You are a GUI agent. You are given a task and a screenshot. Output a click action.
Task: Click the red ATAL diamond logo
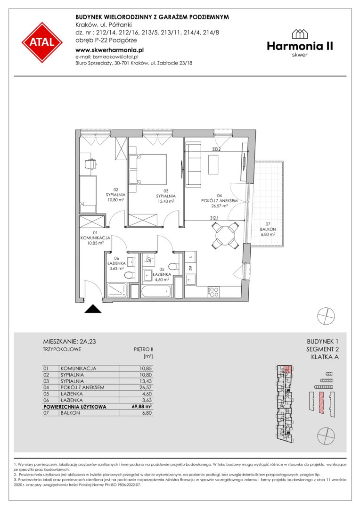[x=42, y=42]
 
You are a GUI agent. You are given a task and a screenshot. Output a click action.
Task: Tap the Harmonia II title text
[x=300, y=46]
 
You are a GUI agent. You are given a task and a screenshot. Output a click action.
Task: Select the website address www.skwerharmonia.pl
[x=109, y=50]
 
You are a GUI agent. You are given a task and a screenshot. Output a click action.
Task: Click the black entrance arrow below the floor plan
[x=93, y=309]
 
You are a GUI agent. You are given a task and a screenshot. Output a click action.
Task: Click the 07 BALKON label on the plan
[x=268, y=229]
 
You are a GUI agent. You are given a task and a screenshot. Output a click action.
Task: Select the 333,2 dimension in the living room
[x=216, y=149]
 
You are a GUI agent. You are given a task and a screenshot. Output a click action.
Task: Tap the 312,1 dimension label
[x=214, y=218]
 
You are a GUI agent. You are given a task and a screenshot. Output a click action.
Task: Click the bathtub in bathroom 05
[x=155, y=291]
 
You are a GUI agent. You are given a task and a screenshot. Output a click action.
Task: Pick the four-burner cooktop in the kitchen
[x=213, y=292]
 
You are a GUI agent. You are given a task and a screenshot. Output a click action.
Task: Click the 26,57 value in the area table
[x=146, y=387]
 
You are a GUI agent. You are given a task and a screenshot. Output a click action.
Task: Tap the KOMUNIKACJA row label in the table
[x=78, y=369]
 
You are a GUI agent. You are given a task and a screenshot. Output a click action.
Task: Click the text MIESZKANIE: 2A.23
[x=69, y=342]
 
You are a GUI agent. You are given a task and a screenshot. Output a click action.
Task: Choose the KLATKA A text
[x=325, y=357]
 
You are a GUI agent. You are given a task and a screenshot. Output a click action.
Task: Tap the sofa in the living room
[x=194, y=165]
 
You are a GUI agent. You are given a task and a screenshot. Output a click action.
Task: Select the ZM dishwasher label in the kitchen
[x=190, y=268]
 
